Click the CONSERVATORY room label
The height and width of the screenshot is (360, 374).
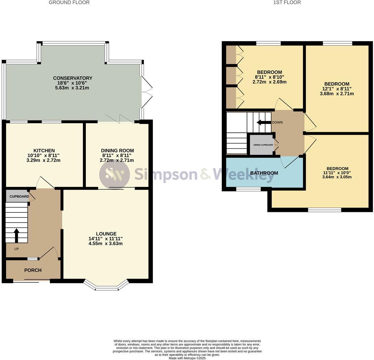tap(72, 78)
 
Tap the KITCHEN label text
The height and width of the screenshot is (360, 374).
tap(44, 150)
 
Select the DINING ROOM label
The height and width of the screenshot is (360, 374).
tap(117, 150)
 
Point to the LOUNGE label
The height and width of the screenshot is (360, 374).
tap(106, 234)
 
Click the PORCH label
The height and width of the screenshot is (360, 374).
tap(33, 270)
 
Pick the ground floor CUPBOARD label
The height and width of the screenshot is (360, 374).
tap(19, 196)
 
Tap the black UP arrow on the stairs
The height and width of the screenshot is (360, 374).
tap(16, 235)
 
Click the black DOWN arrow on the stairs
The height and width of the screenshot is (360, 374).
tap(264, 122)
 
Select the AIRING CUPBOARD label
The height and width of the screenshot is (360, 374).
tap(263, 145)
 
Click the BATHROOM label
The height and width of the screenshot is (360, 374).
tap(264, 173)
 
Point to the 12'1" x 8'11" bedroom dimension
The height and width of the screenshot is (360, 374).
tap(337, 89)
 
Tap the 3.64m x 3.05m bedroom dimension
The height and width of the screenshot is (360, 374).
tap(337, 177)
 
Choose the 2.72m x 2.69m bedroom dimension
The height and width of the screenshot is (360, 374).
tap(269, 82)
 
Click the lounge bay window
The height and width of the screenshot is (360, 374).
tap(106, 286)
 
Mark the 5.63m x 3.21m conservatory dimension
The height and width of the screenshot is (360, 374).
tap(72, 88)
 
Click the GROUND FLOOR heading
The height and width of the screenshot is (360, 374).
tap(69, 2)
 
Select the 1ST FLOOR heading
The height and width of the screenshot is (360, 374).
tap(287, 2)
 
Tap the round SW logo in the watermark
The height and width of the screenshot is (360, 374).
tap(114, 174)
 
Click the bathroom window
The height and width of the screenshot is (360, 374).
tap(248, 189)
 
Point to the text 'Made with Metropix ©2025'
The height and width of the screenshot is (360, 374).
tap(187, 358)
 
